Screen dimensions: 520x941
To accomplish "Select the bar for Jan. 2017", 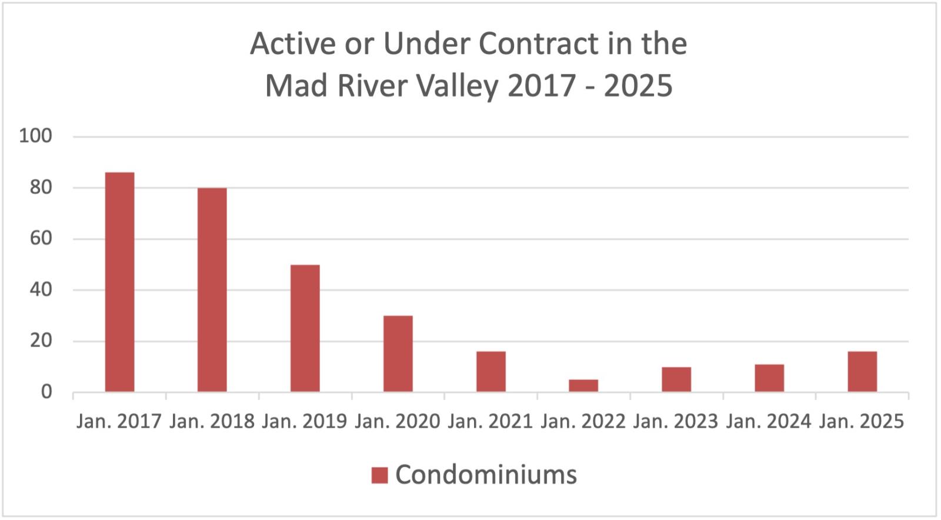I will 119,282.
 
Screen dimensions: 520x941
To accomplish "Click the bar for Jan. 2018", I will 212,289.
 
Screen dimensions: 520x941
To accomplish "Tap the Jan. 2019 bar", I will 305,328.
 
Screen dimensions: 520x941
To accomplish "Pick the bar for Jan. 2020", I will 398,354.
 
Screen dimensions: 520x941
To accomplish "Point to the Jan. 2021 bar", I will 491,371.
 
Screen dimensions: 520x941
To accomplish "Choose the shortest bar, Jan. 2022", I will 583,385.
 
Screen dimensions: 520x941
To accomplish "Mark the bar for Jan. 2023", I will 676,379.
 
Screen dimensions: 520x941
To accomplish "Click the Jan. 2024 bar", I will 769,378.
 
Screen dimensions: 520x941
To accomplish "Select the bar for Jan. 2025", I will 862,371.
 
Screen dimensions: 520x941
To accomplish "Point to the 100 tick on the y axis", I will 35,136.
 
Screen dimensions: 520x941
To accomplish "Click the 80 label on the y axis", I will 41,188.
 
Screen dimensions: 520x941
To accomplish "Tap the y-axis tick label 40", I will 41,290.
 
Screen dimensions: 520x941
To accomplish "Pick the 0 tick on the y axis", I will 46,392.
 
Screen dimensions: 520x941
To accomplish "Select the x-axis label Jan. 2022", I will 583,422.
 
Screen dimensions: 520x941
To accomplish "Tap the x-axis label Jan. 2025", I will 862,422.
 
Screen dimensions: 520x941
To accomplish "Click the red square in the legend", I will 379,475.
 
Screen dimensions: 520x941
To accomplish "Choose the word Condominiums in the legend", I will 486,475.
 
